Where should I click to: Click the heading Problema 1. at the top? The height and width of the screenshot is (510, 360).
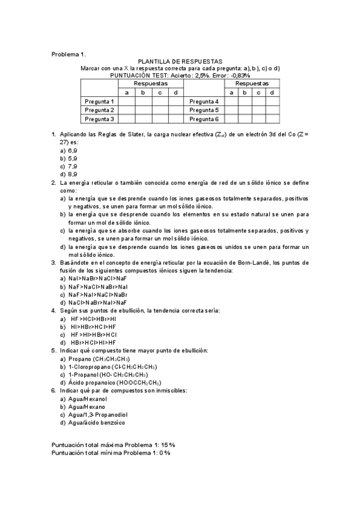tap(69, 54)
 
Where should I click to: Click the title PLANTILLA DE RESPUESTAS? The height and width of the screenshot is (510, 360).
tap(180, 61)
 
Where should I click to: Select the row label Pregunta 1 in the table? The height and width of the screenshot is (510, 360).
tap(100, 102)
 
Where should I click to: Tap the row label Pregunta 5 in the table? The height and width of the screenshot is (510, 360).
tap(204, 110)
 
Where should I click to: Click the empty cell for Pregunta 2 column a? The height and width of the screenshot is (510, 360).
tap(127, 110)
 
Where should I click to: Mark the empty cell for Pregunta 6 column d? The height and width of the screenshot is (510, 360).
tap(272, 119)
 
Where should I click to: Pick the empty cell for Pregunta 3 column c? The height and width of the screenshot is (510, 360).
tap(160, 119)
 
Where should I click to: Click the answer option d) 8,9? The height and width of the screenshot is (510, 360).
tap(68, 174)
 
